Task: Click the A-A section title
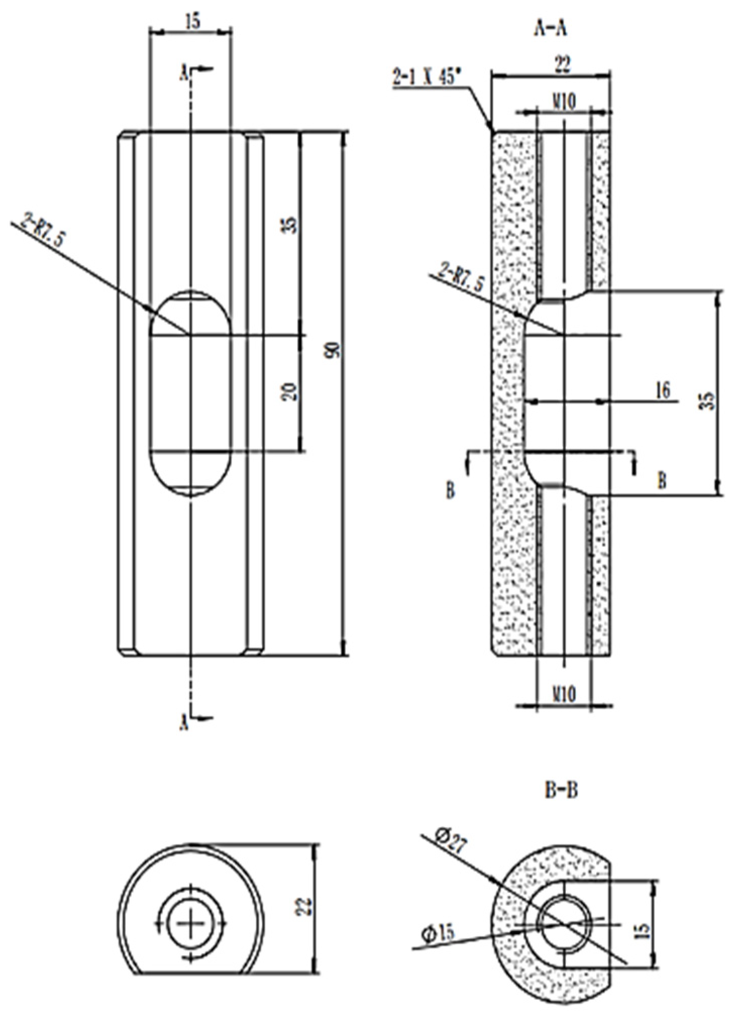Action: tap(550, 29)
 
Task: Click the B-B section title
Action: tap(561, 790)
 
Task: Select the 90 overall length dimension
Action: tap(333, 350)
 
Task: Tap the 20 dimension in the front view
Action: tap(290, 391)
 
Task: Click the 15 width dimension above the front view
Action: tap(192, 21)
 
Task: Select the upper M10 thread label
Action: tap(563, 102)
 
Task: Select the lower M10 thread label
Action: tap(563, 695)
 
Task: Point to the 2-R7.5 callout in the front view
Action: tap(43, 230)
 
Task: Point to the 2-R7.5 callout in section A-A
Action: tap(461, 278)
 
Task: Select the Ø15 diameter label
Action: tap(438, 933)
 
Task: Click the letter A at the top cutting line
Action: tap(185, 74)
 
